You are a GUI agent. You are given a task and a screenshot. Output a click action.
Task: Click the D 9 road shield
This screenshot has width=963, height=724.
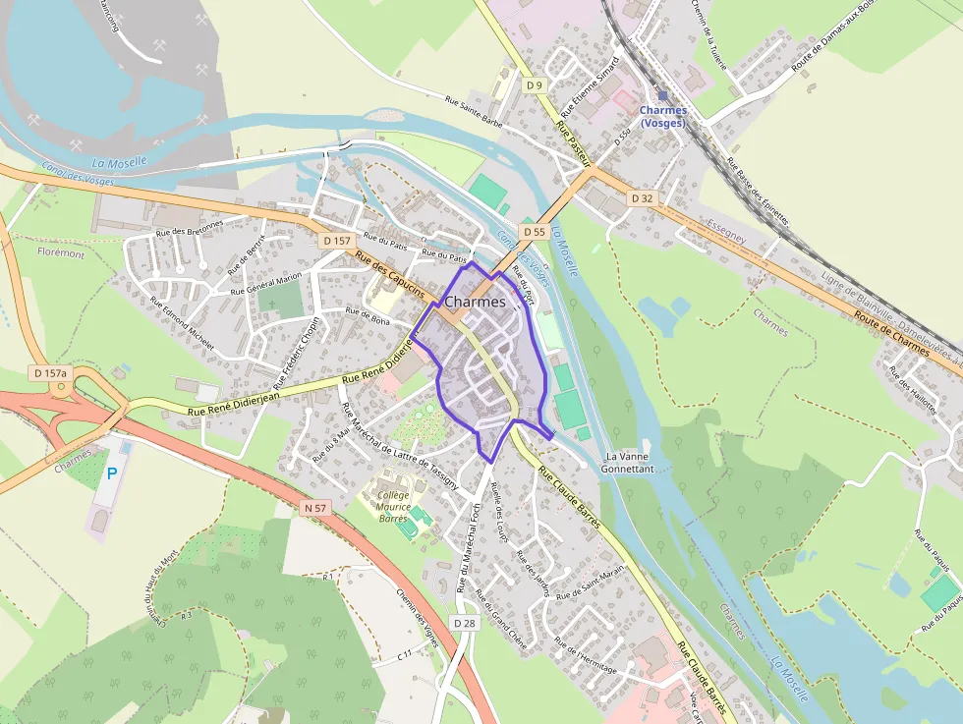[534, 85]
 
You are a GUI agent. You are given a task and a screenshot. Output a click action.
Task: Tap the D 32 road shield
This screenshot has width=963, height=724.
[642, 198]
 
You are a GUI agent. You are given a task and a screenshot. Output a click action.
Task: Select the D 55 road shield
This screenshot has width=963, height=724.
[534, 232]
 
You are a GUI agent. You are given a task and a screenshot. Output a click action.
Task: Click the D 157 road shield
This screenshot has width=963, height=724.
[336, 241]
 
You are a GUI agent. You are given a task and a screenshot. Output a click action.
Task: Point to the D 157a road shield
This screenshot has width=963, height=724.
[50, 373]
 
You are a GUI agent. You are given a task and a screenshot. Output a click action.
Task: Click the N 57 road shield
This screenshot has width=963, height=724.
[315, 508]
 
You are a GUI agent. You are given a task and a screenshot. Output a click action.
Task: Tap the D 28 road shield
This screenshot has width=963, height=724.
[465, 623]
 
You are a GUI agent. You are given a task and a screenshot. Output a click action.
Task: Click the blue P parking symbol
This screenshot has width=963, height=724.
[112, 473]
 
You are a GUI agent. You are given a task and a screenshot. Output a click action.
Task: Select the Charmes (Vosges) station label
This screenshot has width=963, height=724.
[662, 116]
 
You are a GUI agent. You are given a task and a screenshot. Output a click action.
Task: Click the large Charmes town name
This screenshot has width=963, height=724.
[475, 303]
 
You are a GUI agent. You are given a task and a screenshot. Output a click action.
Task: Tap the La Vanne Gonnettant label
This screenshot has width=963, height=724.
[630, 463]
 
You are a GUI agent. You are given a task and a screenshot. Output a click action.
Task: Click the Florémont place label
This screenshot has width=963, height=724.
[61, 253]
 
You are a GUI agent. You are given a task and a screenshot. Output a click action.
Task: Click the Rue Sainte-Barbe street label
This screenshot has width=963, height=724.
[475, 112]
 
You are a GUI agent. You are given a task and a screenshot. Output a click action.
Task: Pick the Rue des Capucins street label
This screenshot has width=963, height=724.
[390, 277]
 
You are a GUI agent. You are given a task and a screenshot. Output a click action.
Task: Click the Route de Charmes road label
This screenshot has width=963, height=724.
[891, 333]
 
